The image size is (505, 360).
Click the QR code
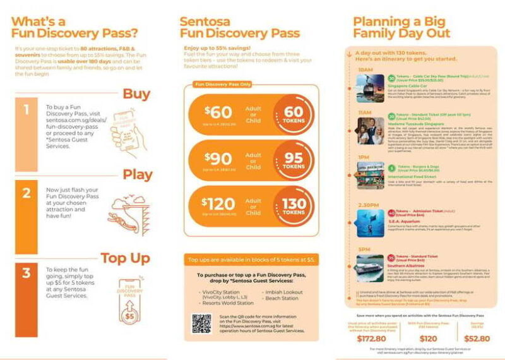201,323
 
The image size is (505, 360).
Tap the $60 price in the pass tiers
218,114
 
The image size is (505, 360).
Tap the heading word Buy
136,95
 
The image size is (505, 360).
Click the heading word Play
137,174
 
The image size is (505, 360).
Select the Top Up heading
127,258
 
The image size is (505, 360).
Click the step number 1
26,110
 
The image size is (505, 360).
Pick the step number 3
26,273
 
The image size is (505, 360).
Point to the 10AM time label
365,69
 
